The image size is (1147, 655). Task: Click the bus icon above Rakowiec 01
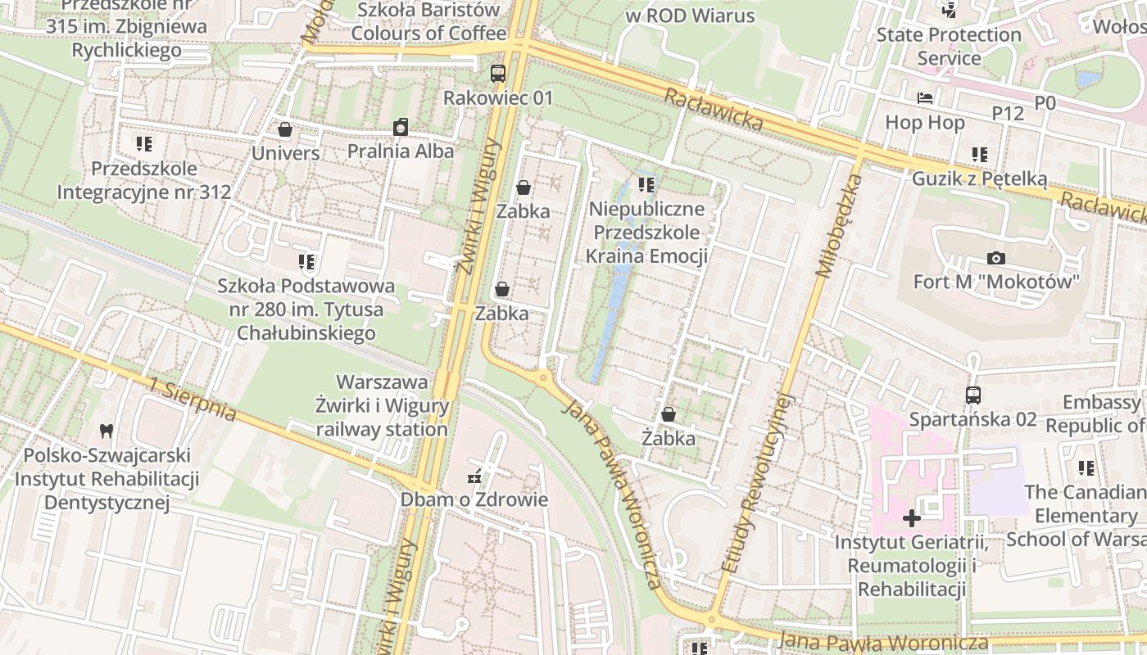coord(498,74)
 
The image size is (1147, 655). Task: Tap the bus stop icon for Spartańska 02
coord(972,395)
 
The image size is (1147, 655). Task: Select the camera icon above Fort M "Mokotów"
coord(996,258)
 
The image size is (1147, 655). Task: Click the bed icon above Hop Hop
coord(925,98)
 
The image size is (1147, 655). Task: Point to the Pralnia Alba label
coord(400,151)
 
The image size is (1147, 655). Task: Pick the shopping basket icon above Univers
coord(285,129)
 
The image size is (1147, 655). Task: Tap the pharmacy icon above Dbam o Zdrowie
coord(474,476)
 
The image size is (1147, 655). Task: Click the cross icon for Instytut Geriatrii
coord(911,518)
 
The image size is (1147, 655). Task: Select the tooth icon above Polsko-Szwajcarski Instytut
coord(106,431)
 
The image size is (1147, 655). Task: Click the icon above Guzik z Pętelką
coord(979,154)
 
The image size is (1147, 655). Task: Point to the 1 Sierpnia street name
coord(193,400)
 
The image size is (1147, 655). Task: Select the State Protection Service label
coord(949,46)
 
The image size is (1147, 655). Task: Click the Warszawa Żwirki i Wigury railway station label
coord(383,406)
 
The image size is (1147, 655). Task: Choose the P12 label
coord(1008,113)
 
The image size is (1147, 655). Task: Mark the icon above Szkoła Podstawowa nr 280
coord(306,262)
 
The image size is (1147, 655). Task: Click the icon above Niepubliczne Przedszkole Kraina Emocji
coord(646,185)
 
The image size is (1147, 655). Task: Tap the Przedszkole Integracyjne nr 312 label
coord(144,181)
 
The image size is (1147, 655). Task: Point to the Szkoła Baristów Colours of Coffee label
coord(428,22)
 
